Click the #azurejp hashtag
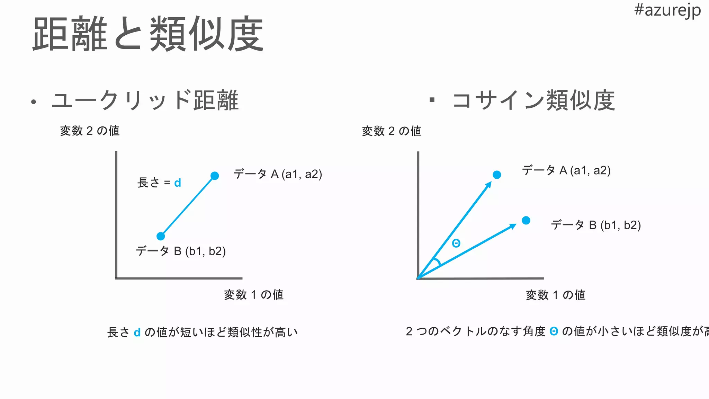click(x=667, y=10)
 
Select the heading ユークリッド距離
click(x=145, y=100)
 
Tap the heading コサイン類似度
click(x=533, y=100)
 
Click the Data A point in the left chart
click(x=215, y=176)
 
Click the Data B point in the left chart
click(x=161, y=236)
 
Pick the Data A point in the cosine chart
click(x=497, y=175)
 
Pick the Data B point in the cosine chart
click(x=526, y=220)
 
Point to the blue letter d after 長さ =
click(x=178, y=183)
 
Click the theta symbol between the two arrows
click(x=456, y=243)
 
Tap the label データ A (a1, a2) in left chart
click(x=278, y=174)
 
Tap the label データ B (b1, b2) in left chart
click(x=181, y=251)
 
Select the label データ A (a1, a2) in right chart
click(x=566, y=170)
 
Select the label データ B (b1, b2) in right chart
click(x=596, y=225)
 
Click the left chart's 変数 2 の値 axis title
click(x=90, y=131)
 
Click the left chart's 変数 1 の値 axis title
click(x=254, y=295)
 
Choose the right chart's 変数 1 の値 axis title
click(x=556, y=295)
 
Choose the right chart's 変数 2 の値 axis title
click(x=392, y=131)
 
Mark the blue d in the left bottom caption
click(x=137, y=332)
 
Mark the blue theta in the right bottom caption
click(x=554, y=331)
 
